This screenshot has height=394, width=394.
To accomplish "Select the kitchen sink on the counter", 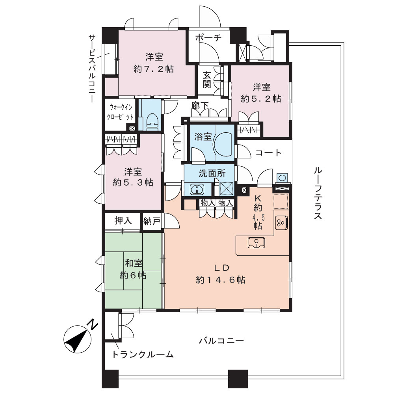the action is click(256, 243).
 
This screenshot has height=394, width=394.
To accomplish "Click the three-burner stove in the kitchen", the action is click(281, 223).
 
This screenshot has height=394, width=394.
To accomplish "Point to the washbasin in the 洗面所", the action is click(197, 189).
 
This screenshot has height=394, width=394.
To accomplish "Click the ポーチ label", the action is click(208, 38).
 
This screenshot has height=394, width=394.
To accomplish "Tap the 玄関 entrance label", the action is click(207, 80).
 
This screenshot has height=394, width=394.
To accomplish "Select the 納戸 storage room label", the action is click(152, 221).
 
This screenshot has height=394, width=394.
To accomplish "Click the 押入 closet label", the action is click(123, 221).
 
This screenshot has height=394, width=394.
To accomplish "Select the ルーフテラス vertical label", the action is click(318, 193).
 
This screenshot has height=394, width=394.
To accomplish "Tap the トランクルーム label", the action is click(143, 354).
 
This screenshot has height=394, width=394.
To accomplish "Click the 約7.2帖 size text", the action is click(154, 69).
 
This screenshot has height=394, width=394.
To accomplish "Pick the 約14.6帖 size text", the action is click(221, 280).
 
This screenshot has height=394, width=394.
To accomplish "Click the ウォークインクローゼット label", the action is click(120, 112).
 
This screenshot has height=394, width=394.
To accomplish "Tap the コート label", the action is click(268, 152).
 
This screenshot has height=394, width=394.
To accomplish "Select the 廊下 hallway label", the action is click(200, 106).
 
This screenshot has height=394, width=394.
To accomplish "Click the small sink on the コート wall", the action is click(282, 178).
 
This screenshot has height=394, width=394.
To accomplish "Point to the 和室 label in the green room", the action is click(134, 263).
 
